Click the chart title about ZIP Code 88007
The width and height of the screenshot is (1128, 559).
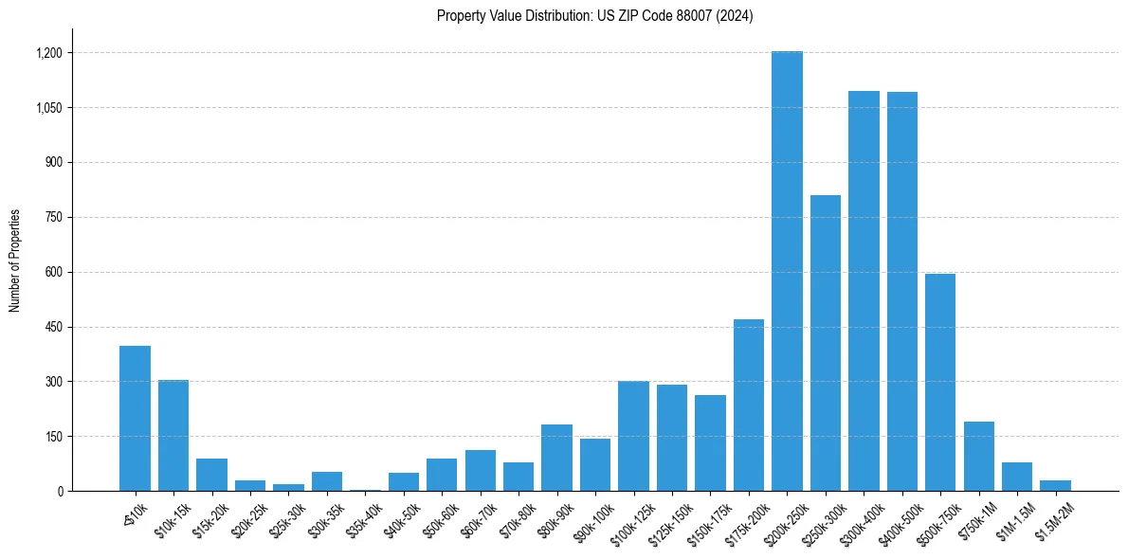pyautogui.click(x=594, y=16)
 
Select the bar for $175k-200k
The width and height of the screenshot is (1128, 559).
pyautogui.click(x=749, y=405)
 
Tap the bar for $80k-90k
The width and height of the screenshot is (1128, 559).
pyautogui.click(x=556, y=458)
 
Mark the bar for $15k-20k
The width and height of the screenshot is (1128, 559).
pyautogui.click(x=211, y=475)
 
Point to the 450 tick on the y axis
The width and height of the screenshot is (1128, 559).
pyautogui.click(x=53, y=327)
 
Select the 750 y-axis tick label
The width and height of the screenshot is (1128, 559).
pyautogui.click(x=53, y=217)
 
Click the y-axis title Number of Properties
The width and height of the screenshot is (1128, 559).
pyautogui.click(x=15, y=260)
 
